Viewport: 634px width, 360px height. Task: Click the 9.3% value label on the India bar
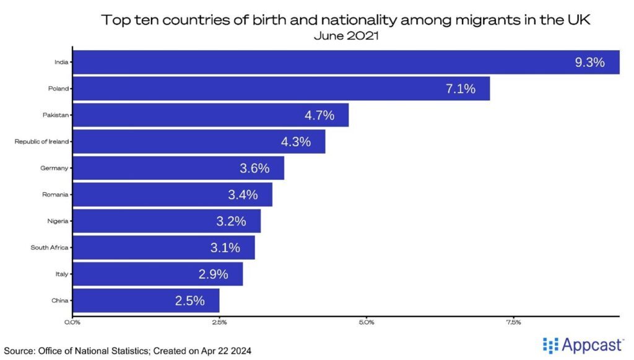pos(589,62)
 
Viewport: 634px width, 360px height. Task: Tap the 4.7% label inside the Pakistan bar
pos(319,115)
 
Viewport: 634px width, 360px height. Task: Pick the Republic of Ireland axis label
pos(41,142)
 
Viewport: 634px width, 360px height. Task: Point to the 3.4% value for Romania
pos(243,195)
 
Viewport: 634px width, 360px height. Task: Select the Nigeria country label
pos(58,221)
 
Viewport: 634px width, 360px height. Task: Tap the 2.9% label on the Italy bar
pos(213,274)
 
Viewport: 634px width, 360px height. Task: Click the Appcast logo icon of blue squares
pos(550,345)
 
